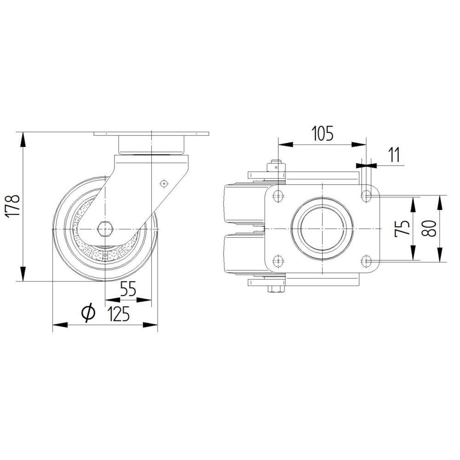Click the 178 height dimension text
point(13,206)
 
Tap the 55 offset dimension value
point(128,289)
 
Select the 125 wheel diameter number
point(119,314)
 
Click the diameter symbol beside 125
point(88,313)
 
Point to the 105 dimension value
point(322,133)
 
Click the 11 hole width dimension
point(394,155)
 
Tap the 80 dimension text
point(429,228)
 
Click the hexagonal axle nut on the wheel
point(105,229)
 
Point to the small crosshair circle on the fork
point(164,184)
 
